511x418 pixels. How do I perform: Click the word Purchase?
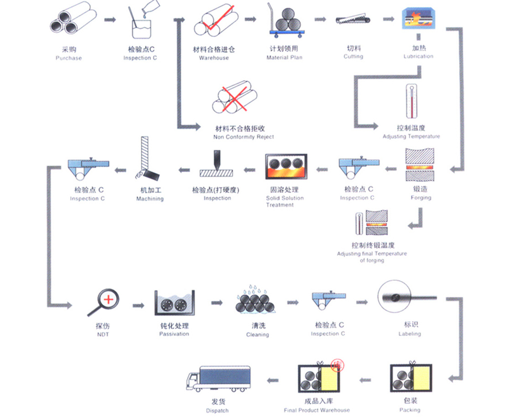point(68,58)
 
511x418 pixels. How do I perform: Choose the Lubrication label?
point(418,57)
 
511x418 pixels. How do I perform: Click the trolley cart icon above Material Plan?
point(285,21)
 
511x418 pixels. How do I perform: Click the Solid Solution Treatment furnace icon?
point(286,167)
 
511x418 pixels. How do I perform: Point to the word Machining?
point(150,199)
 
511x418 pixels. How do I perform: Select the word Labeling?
point(409,334)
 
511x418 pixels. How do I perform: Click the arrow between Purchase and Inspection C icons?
point(110,20)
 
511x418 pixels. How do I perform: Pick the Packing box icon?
point(411,378)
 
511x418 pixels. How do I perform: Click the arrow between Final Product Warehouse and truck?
point(272,380)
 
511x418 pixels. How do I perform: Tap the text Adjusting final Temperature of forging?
point(372,257)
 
